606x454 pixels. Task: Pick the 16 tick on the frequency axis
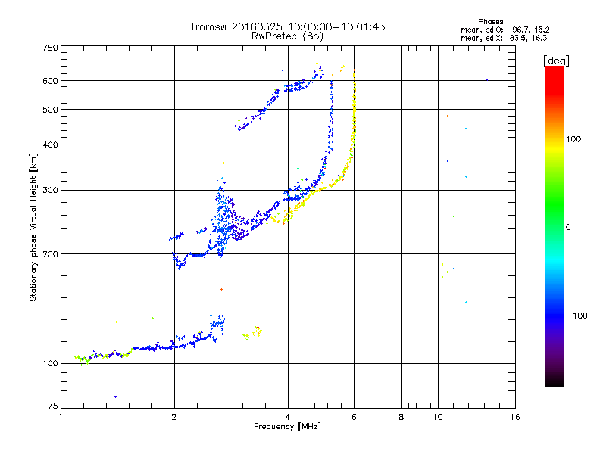(514, 417)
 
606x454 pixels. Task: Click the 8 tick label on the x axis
(401, 417)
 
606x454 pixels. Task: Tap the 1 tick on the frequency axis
(61, 417)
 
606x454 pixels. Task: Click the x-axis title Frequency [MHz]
(288, 427)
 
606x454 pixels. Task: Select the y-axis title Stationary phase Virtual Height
(33, 227)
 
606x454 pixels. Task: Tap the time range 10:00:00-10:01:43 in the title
(335, 26)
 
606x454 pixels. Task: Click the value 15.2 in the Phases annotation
(539, 30)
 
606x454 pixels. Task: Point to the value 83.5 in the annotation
(518, 37)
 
